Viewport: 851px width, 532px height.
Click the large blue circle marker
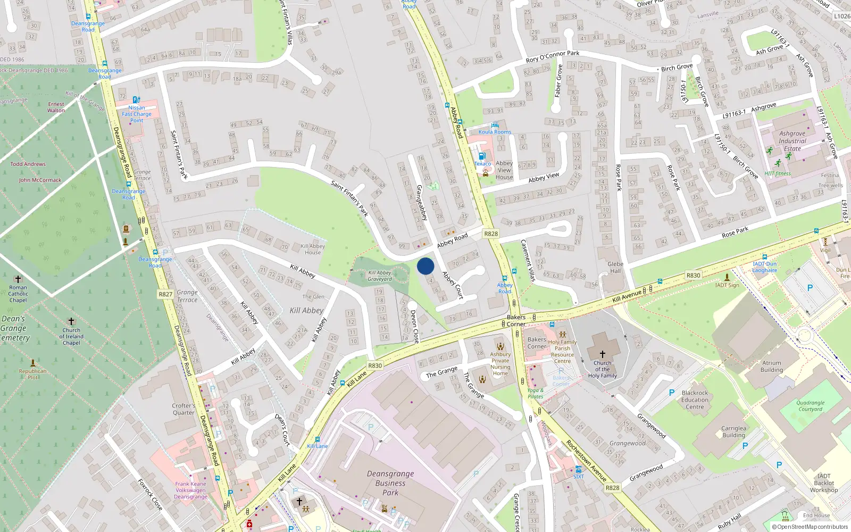click(425, 266)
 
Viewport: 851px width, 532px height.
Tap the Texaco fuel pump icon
click(482, 156)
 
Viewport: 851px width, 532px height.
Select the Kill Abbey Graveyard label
click(380, 276)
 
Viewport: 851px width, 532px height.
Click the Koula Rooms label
click(495, 132)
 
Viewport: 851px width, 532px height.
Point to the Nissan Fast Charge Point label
click(137, 114)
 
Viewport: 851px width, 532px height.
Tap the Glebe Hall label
click(615, 267)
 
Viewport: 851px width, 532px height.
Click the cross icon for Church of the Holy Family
click(603, 354)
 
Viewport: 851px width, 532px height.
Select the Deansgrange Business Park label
click(390, 483)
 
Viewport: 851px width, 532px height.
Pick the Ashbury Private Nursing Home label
click(500, 364)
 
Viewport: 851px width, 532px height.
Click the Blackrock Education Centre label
click(695, 400)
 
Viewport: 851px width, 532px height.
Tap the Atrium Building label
click(772, 367)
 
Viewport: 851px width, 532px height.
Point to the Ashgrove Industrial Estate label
click(792, 141)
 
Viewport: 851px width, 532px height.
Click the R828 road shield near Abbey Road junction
click(491, 234)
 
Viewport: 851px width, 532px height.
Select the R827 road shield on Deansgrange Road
click(165, 294)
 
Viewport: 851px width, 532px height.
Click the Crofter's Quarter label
click(183, 409)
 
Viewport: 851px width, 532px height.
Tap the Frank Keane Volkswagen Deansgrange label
click(190, 491)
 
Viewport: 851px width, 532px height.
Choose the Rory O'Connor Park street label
click(552, 56)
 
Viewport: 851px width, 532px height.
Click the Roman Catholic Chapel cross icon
click(18, 279)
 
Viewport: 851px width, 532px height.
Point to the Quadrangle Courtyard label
click(810, 406)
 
